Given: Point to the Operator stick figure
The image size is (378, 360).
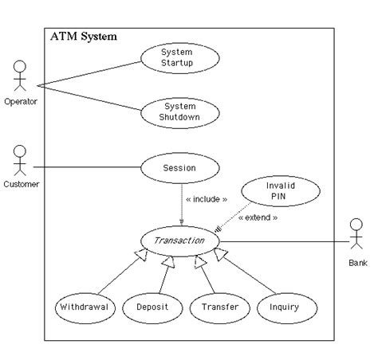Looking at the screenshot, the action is point(20,76).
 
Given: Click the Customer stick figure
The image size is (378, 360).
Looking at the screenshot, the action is point(20,160).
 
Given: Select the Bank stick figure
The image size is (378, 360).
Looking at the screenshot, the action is point(356,233).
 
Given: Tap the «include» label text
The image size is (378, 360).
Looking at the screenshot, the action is point(207,199).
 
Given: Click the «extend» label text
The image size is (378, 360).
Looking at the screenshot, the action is point(258,217).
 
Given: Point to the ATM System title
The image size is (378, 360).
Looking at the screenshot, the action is point(84,37).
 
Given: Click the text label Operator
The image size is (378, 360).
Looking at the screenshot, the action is point(21,101).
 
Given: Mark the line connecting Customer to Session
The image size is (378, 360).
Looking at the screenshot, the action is point(87,167).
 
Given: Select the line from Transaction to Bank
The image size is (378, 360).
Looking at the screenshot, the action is point(285,241).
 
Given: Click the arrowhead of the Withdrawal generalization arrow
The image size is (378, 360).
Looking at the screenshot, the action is point(142,254).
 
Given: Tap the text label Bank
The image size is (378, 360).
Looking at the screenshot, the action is point(358,263).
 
